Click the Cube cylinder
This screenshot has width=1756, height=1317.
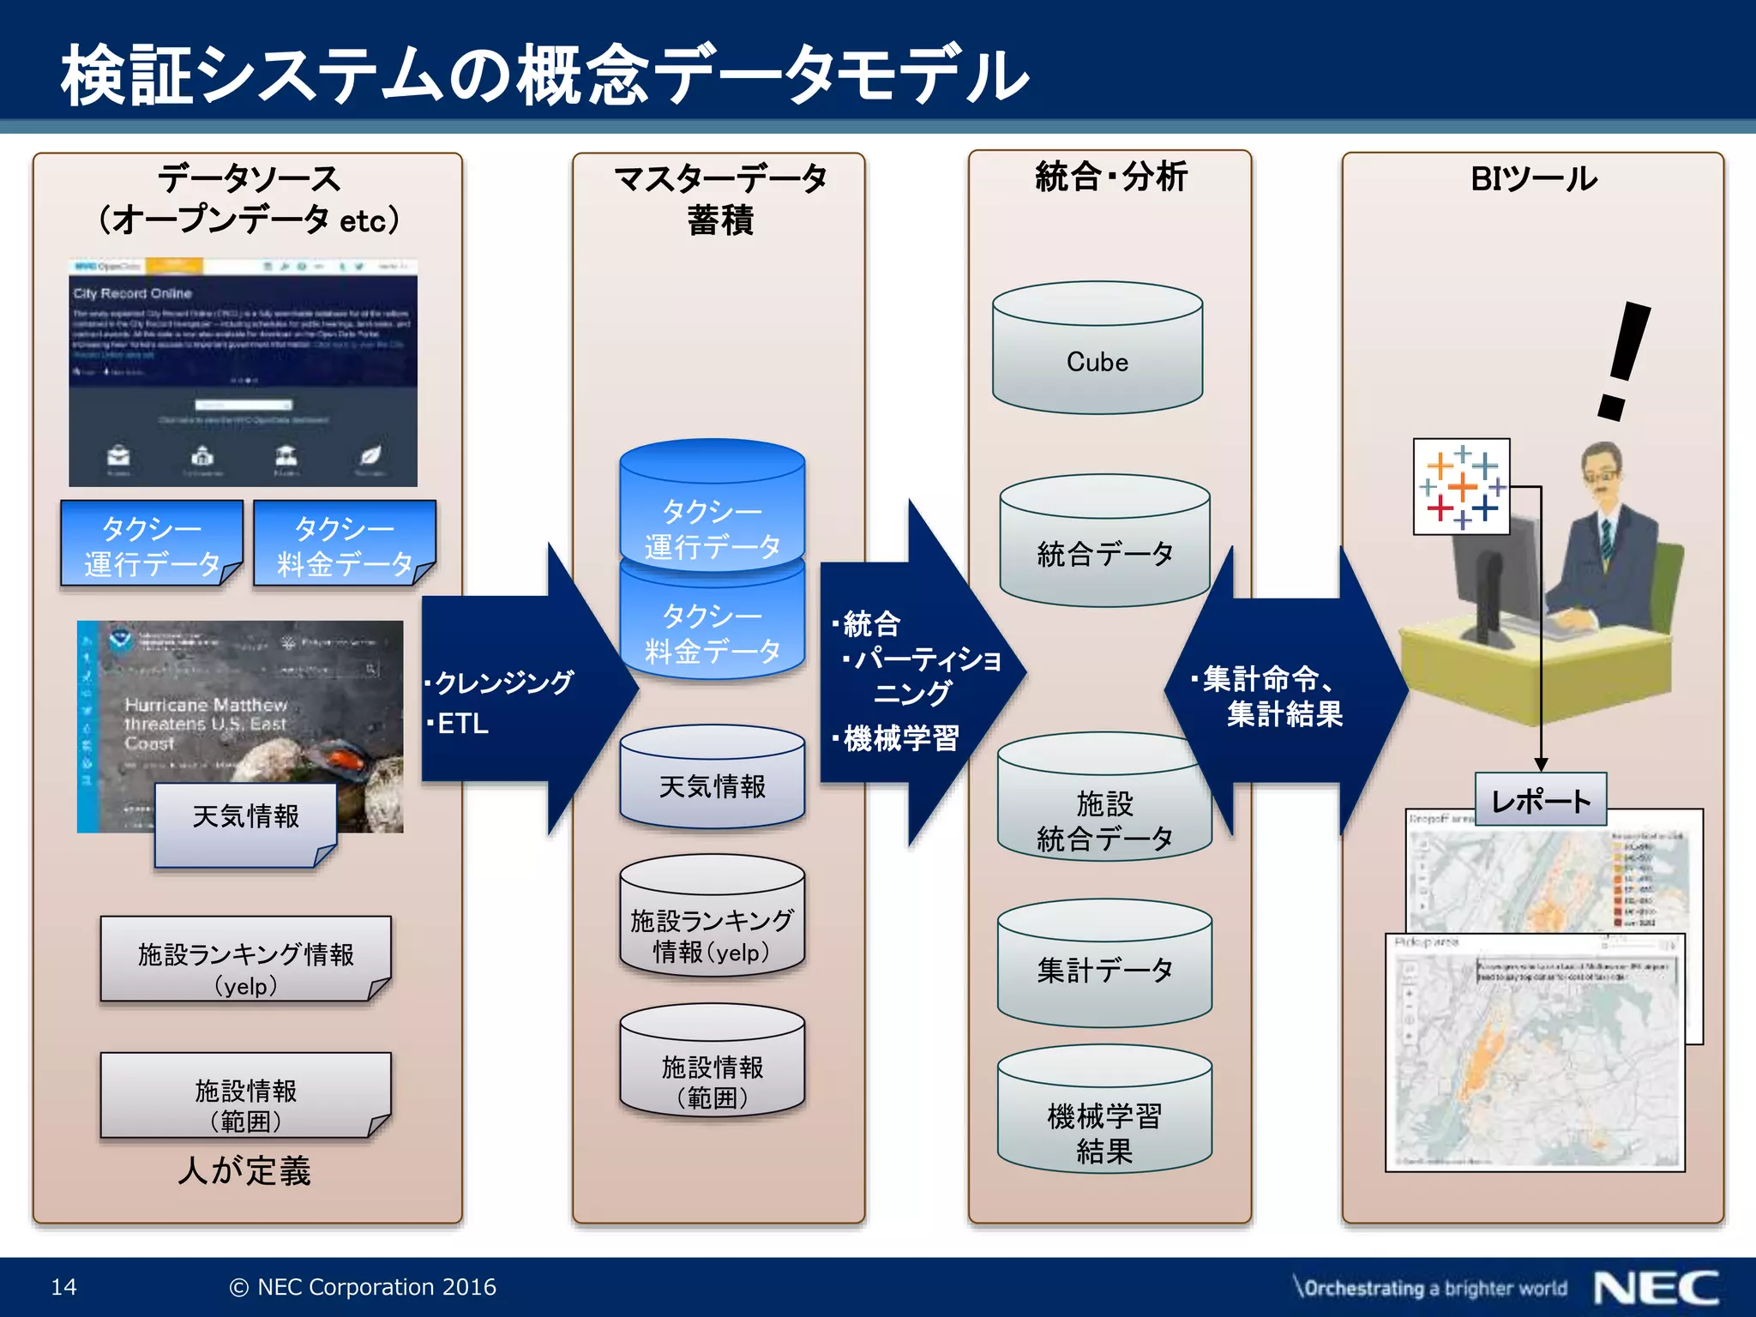[x=1097, y=352]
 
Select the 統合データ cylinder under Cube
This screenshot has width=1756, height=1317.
[x=1104, y=545]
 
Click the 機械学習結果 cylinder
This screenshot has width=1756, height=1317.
[x=1104, y=1115]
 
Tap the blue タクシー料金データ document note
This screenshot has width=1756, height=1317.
[x=345, y=544]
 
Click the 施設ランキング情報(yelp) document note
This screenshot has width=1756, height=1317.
[x=245, y=960]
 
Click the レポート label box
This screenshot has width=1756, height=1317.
[x=1540, y=800]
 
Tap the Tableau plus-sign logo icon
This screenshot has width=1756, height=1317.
[x=1462, y=487]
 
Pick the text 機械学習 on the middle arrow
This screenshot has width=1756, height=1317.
[x=900, y=737]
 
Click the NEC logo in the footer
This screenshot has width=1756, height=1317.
[x=1657, y=1288]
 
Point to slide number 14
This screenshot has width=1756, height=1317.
[x=64, y=1287]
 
